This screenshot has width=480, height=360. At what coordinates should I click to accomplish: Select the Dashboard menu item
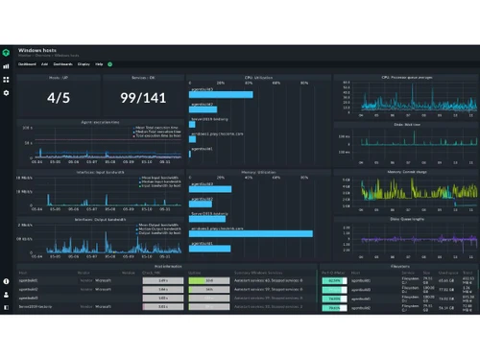pyautogui.click(x=30, y=64)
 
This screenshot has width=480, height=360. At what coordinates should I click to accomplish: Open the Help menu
pyautogui.click(x=99, y=64)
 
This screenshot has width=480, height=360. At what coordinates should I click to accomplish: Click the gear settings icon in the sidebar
pyautogui.click(x=7, y=93)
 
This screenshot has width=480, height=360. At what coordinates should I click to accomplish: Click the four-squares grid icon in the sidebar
pyautogui.click(x=7, y=80)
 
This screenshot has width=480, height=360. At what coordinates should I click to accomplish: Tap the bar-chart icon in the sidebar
pyautogui.click(x=7, y=67)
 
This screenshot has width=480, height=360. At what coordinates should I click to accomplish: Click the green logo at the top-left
pyautogui.click(x=7, y=50)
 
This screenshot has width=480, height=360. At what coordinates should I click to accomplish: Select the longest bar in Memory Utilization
pyautogui.click(x=249, y=233)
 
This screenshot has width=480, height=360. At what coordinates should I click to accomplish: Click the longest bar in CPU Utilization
pyautogui.click(x=222, y=95)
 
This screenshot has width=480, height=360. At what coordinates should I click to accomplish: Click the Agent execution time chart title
pyautogui.click(x=100, y=122)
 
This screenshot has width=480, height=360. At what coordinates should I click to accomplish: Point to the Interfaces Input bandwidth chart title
pyautogui.click(x=100, y=172)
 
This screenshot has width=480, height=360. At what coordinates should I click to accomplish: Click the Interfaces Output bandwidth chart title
pyautogui.click(x=100, y=220)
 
